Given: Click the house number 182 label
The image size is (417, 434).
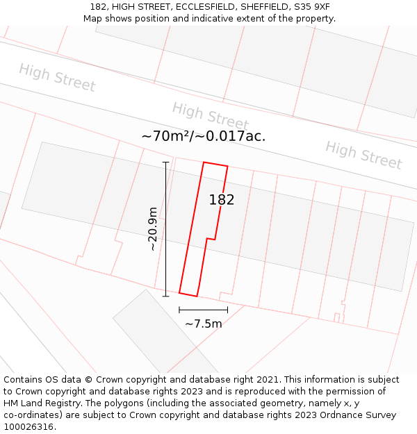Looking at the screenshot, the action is [x=222, y=200].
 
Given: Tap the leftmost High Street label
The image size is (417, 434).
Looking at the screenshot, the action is [x=57, y=77].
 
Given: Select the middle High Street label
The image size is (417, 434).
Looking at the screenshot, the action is [x=210, y=116].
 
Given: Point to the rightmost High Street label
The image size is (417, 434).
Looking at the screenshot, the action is [x=363, y=155].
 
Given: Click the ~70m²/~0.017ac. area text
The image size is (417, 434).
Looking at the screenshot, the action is [x=203, y=136].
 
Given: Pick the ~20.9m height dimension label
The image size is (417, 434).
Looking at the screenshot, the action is [x=152, y=228].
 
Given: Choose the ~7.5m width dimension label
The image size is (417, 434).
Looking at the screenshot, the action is [x=203, y=324].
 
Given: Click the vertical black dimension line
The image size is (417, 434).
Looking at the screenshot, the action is [x=165, y=228].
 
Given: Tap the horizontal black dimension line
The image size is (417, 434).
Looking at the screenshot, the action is [x=203, y=310].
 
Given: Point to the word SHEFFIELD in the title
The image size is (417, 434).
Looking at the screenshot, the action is [x=263, y=7].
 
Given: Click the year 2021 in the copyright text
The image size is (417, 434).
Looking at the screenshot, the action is [x=265, y=380].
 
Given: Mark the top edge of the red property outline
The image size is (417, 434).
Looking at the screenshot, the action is [x=215, y=165].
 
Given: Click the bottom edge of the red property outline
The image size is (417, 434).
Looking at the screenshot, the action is [x=188, y=294].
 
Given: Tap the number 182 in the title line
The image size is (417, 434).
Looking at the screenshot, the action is [x=98, y=7].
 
